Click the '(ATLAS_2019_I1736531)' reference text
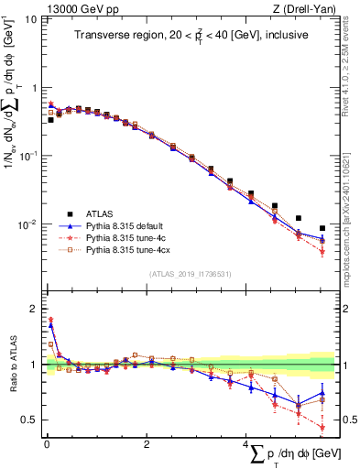click(190, 274)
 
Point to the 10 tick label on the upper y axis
click(29, 19)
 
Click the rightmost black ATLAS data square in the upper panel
click(322, 228)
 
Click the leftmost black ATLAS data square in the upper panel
click(51, 120)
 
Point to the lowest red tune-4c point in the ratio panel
click(322, 427)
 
